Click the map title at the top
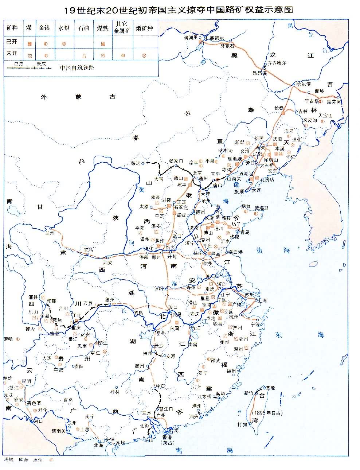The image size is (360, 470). pos(179,10)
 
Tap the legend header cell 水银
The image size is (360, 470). pos(64,28)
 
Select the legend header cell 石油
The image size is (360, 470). pos(83,28)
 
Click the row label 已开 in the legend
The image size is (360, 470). pos(12,42)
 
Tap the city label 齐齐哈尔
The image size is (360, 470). pos(277,63)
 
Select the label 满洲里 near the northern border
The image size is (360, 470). pos(191,37)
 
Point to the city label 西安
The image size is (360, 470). pos(108,262)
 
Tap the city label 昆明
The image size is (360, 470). pos(26,381)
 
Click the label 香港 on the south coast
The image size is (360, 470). pos(167,437)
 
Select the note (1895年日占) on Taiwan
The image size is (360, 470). pos(266,413)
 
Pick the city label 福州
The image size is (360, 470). pos(231,371)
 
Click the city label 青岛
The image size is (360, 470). pos(244,232)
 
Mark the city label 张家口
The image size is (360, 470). pos(176,161)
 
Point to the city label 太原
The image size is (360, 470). pos(144,206)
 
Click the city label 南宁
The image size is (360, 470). pos(90,416)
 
